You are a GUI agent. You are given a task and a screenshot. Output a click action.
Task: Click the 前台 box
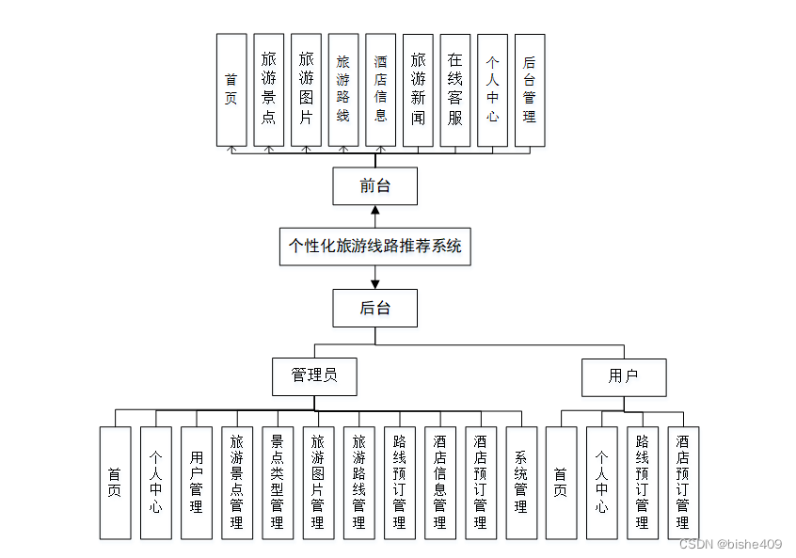375,186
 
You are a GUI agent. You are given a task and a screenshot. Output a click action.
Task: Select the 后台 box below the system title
375,309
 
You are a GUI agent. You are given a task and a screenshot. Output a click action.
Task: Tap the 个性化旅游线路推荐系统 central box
375,247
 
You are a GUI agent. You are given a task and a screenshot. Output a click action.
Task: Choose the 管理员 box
315,376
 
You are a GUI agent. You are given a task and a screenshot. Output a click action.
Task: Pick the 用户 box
624,377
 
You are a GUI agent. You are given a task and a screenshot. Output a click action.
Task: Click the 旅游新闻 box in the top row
418,90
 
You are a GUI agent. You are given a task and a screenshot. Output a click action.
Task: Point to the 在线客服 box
455,90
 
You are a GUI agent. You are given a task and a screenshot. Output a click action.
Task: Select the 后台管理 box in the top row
530,90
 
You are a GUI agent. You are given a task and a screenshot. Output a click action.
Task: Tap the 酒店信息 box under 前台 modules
381,90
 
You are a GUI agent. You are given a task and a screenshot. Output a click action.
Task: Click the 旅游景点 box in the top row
268,90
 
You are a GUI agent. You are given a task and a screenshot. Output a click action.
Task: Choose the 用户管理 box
197,483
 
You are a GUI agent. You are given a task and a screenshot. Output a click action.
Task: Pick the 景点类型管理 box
278,483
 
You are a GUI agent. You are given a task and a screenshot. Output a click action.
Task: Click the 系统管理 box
521,483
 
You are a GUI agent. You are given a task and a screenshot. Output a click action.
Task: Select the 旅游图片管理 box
318,483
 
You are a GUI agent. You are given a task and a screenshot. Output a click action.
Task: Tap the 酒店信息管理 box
440,483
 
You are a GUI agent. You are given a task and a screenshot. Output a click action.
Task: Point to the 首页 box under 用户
561,483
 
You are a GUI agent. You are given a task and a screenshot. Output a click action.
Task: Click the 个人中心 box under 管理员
156,483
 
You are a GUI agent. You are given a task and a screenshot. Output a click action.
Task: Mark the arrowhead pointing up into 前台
375,210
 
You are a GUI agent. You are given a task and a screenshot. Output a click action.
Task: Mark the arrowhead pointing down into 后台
375,285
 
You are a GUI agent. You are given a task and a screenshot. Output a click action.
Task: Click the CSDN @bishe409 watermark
730,544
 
